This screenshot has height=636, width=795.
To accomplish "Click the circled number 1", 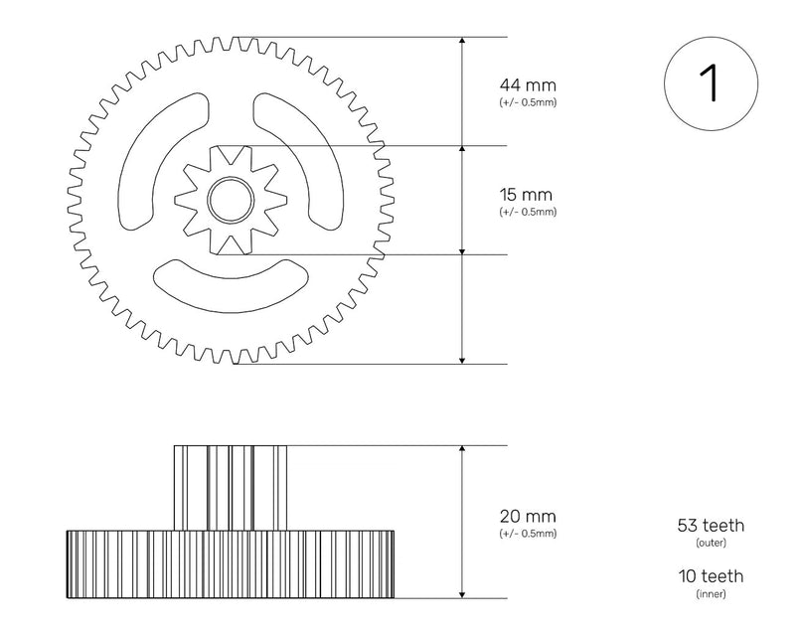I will click(x=710, y=83).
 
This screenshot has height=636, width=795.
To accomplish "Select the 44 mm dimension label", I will click(x=527, y=85).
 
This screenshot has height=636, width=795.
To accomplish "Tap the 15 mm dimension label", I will click(x=527, y=195).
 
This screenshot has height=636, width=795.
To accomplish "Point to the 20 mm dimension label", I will click(x=527, y=517).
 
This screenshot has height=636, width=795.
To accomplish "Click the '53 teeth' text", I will click(x=710, y=526).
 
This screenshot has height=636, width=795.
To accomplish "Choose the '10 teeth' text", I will click(x=710, y=576).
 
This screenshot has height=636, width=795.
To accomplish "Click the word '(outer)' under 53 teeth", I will click(x=710, y=544).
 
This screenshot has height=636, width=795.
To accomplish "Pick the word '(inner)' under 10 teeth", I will click(x=710, y=594).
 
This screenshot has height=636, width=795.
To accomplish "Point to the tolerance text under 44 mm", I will click(x=527, y=103).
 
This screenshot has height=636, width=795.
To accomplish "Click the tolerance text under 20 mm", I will click(x=527, y=534).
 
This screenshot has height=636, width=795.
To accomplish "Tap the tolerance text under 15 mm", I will click(x=527, y=212).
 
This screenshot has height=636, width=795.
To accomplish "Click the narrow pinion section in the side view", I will click(x=232, y=487).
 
